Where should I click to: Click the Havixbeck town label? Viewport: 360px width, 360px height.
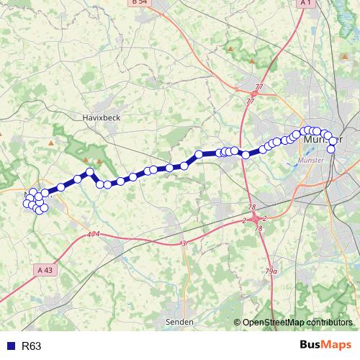pos(99,116)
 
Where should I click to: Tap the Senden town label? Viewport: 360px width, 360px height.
pos(180,322)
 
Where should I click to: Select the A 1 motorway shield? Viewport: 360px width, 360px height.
pos(305,3)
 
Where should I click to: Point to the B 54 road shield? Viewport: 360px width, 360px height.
pos(140,3)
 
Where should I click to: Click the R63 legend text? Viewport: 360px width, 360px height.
pos(32,346)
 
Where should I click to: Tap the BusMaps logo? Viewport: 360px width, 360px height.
pos(325,346)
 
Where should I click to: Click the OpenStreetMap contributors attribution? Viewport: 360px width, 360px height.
pos(297,323)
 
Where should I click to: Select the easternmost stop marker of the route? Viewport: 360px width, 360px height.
pos(333,149)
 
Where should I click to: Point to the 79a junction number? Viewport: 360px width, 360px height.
pos(271,271)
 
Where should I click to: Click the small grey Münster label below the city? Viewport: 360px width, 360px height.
pos(318,160)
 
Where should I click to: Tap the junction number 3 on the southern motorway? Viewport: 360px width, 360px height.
pos(184,244)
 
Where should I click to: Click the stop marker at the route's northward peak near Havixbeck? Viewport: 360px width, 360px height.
pos(90,171)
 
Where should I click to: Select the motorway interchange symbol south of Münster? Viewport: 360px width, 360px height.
pos(255,218)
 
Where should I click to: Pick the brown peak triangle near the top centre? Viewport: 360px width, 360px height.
pos(230,48)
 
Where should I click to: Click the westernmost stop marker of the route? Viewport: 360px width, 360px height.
pos(27,204)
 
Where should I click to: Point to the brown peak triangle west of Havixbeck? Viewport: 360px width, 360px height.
pos(50,143)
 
